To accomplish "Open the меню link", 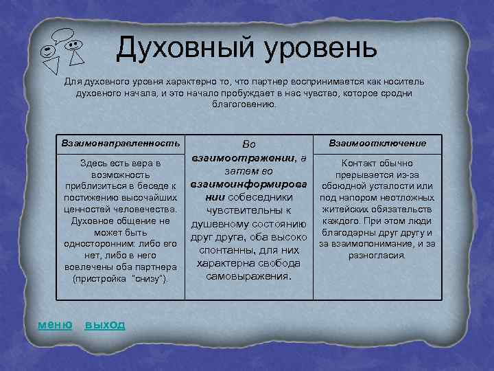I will pyautogui.click(x=54, y=324).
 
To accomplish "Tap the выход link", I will pyautogui.click(x=104, y=324).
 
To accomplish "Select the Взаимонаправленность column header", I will pyautogui.click(x=120, y=142).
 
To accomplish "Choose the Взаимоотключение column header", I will pyautogui.click(x=377, y=143).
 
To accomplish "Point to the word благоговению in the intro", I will pyautogui.click(x=246, y=105).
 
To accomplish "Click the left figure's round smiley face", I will pyautogui.click(x=47, y=51).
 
